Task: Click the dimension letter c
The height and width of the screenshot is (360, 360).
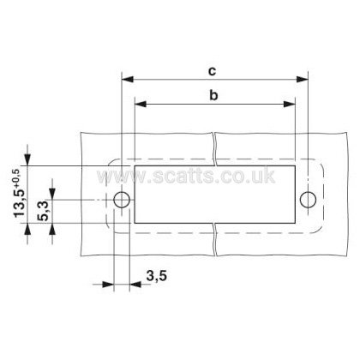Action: coord(212,71)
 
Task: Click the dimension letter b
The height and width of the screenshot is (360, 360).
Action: coord(213,95)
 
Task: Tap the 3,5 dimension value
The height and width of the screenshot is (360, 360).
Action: coord(157,276)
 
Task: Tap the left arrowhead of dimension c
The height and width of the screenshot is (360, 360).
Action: coord(128,80)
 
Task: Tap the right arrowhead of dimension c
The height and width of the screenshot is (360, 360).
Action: coord(302,80)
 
